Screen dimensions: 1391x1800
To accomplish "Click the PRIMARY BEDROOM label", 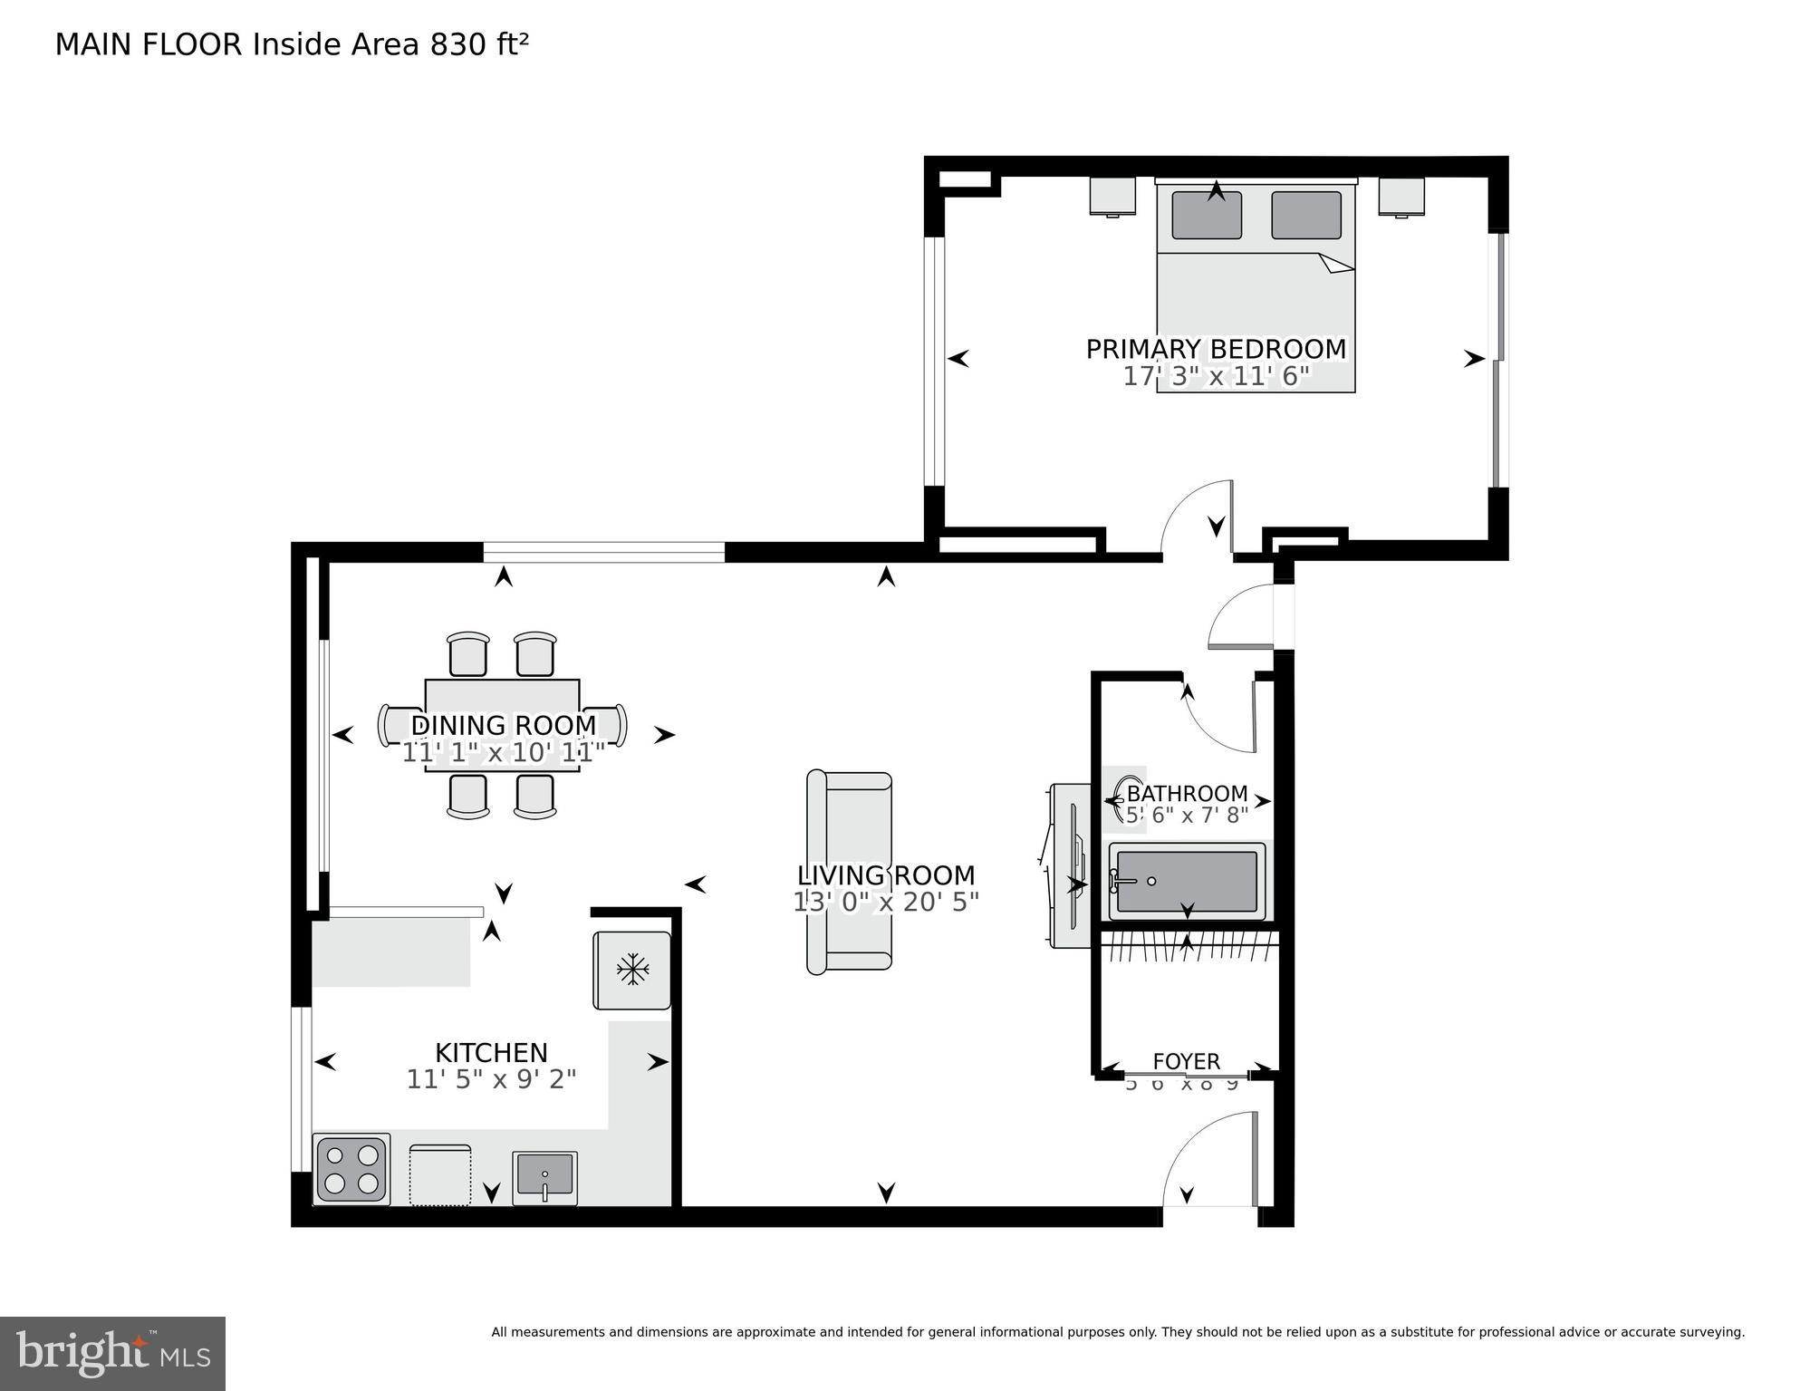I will click(1216, 349).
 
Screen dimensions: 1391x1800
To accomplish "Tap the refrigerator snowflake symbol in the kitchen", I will click(632, 970).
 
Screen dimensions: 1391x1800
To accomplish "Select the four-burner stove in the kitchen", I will click(351, 1170).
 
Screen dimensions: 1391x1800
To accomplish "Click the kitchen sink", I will click(544, 1177).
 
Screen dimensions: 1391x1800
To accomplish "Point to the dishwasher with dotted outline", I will click(440, 1175).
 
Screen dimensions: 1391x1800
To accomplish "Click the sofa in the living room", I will click(849, 872).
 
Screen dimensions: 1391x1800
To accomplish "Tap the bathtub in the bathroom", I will click(1187, 882).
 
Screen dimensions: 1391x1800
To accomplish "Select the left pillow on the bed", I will click(1207, 216).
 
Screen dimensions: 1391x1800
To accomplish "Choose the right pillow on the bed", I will click(1305, 216).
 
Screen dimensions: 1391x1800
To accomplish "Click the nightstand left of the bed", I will click(1112, 196).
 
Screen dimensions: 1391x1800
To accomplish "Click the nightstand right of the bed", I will click(1401, 196).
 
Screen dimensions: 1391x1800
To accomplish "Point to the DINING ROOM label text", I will click(504, 725).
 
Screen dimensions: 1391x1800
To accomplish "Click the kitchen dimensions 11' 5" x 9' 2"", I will click(491, 1079).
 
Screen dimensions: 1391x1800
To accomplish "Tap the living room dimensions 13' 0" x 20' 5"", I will click(886, 903).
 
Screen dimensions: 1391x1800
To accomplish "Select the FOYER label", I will click(1186, 1061).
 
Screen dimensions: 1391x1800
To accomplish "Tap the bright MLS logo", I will click(112, 1353).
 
